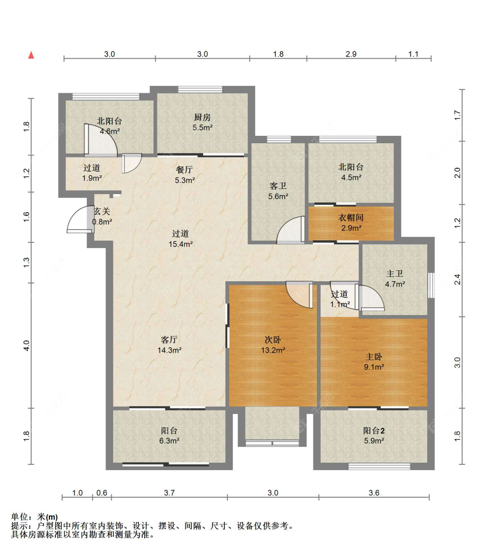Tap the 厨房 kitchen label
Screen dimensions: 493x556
[x=202, y=117]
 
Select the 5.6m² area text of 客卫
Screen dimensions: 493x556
[x=278, y=196]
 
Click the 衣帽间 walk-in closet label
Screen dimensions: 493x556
[x=351, y=217]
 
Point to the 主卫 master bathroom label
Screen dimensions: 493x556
[x=395, y=273]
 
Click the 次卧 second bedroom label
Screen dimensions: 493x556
[x=273, y=340]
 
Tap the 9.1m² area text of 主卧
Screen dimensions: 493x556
[x=374, y=367]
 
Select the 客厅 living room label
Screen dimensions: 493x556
[x=169, y=340]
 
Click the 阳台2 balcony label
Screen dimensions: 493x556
[x=374, y=430]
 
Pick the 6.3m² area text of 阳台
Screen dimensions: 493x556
[x=169, y=440]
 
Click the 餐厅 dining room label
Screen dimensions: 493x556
[x=184, y=169]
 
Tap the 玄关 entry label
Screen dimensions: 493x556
[x=102, y=211]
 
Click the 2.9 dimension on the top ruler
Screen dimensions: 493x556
[x=351, y=54]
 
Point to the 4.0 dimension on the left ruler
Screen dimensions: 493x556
[x=26, y=345]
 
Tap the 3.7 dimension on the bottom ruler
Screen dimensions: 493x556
[x=169, y=492]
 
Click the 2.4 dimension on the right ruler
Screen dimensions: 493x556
[x=458, y=280]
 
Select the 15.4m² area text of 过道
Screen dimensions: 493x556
[x=181, y=244]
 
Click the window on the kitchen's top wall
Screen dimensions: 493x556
[x=200, y=89]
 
